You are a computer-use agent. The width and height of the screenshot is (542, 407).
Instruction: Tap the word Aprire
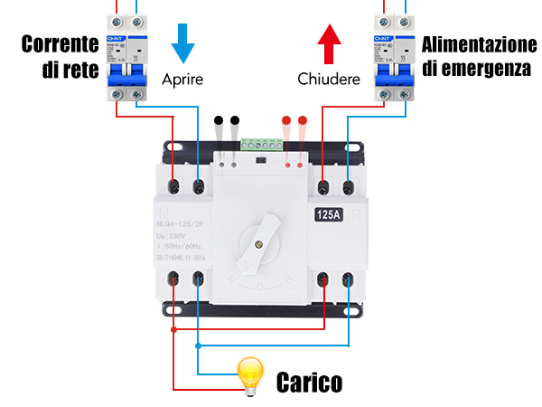(183, 79)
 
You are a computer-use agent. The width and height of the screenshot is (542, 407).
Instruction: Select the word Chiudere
(329, 79)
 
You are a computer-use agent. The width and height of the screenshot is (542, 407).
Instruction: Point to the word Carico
(309, 383)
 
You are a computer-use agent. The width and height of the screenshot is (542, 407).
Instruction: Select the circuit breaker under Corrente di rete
(127, 56)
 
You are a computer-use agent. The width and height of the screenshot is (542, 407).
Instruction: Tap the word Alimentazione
(479, 44)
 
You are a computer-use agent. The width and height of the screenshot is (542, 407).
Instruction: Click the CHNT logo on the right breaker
(381, 39)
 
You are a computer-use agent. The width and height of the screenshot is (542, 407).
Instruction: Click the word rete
(80, 70)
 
